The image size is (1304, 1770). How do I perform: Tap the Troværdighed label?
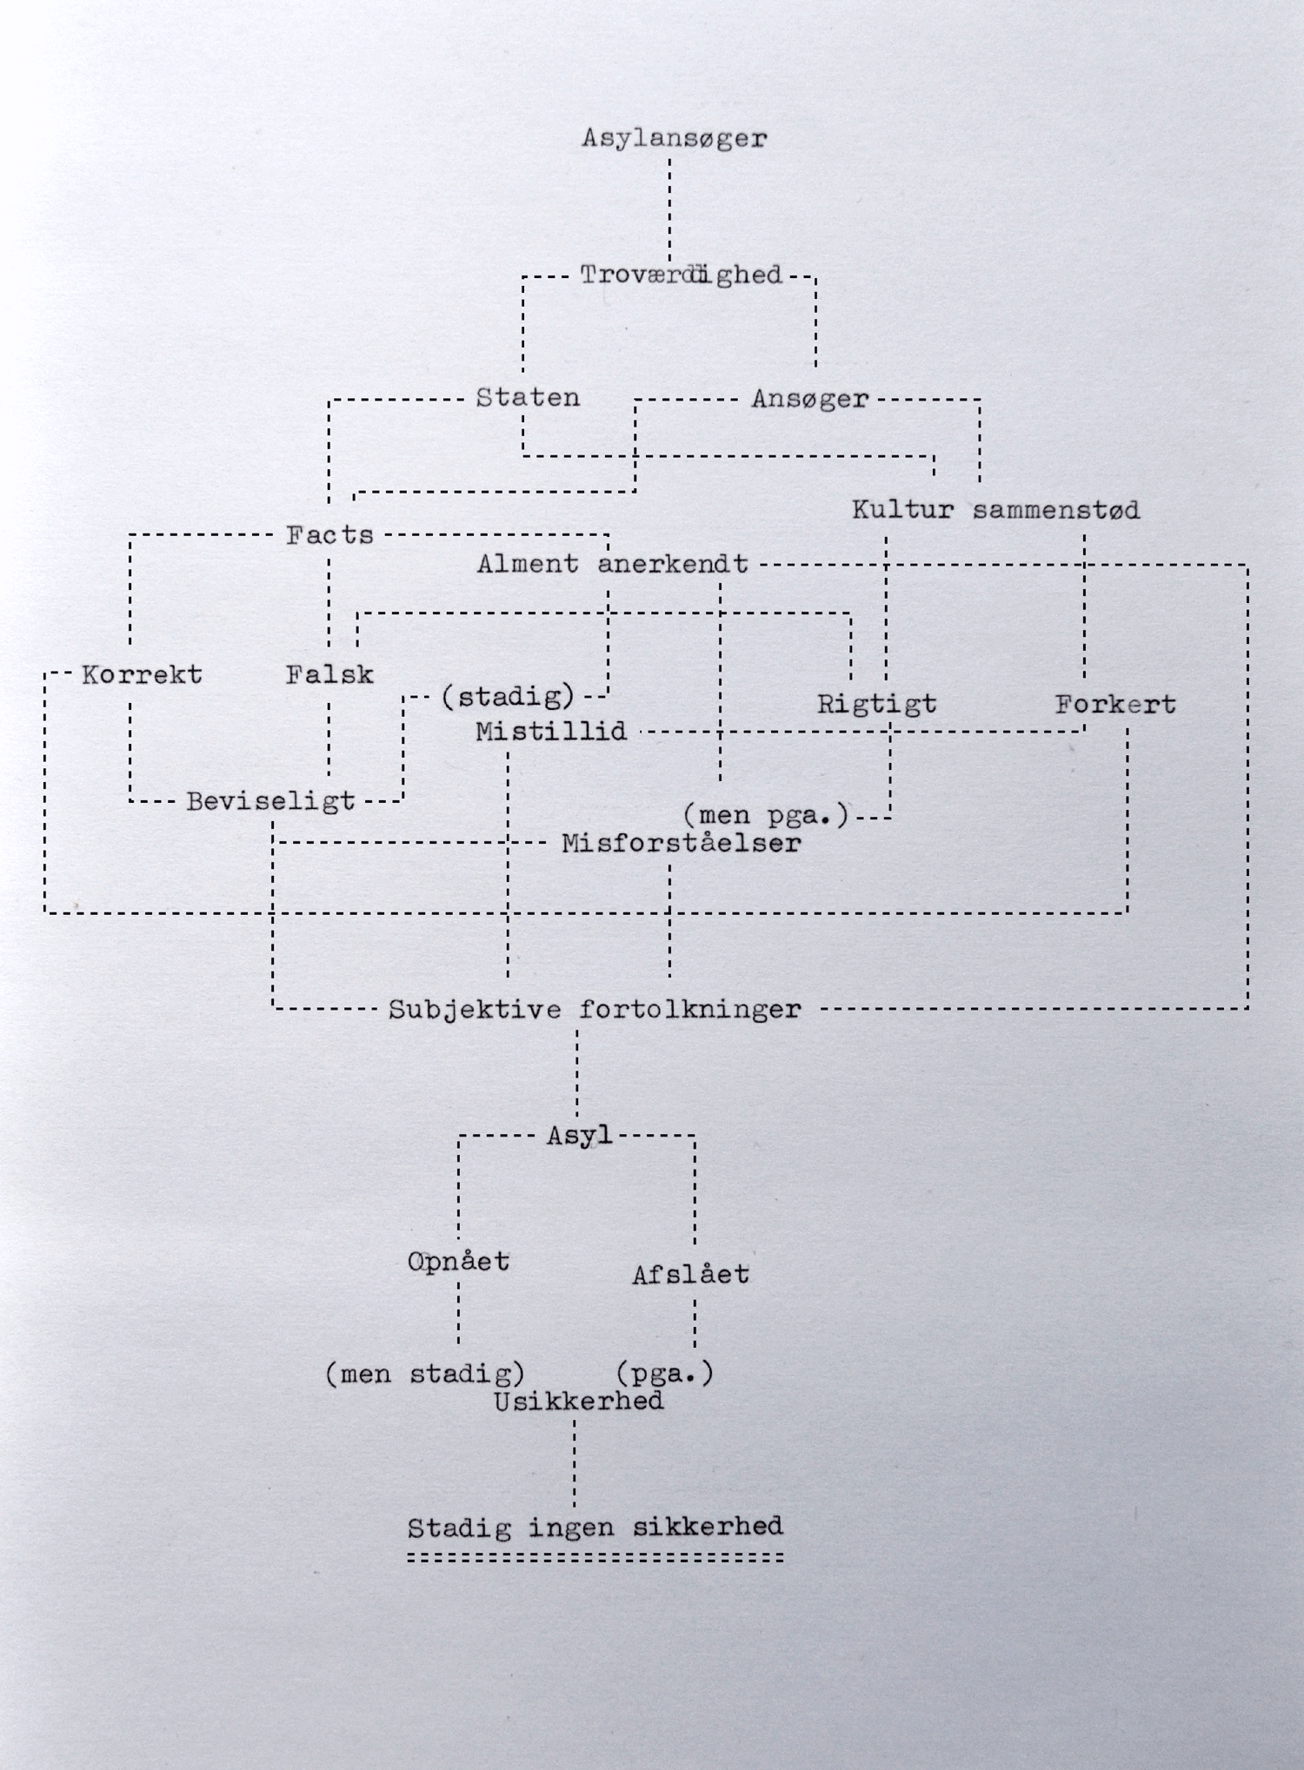(x=682, y=275)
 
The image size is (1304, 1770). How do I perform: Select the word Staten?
(x=528, y=398)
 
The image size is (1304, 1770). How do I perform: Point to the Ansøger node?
(x=809, y=399)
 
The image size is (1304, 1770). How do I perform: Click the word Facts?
(x=329, y=535)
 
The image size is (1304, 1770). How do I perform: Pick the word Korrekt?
(x=142, y=675)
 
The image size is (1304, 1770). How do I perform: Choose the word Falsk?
(x=329, y=675)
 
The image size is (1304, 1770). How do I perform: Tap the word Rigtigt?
(x=876, y=704)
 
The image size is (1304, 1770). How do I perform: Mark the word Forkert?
(x=1115, y=704)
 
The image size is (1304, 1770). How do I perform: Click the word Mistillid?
(x=551, y=732)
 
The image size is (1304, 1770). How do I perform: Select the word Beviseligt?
(x=270, y=801)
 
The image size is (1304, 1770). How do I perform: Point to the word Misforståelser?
(x=681, y=844)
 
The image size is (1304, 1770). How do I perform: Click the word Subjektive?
(x=474, y=1010)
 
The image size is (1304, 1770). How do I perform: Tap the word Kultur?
(x=902, y=510)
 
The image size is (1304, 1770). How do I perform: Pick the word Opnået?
(x=458, y=1262)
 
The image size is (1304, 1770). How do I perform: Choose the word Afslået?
(x=690, y=1276)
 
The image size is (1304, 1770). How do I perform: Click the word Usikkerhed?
(x=578, y=1401)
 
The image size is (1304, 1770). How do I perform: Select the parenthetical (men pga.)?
(x=765, y=816)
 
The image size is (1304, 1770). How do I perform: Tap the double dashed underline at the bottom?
(x=595, y=1558)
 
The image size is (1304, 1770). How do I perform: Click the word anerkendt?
(x=673, y=565)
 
